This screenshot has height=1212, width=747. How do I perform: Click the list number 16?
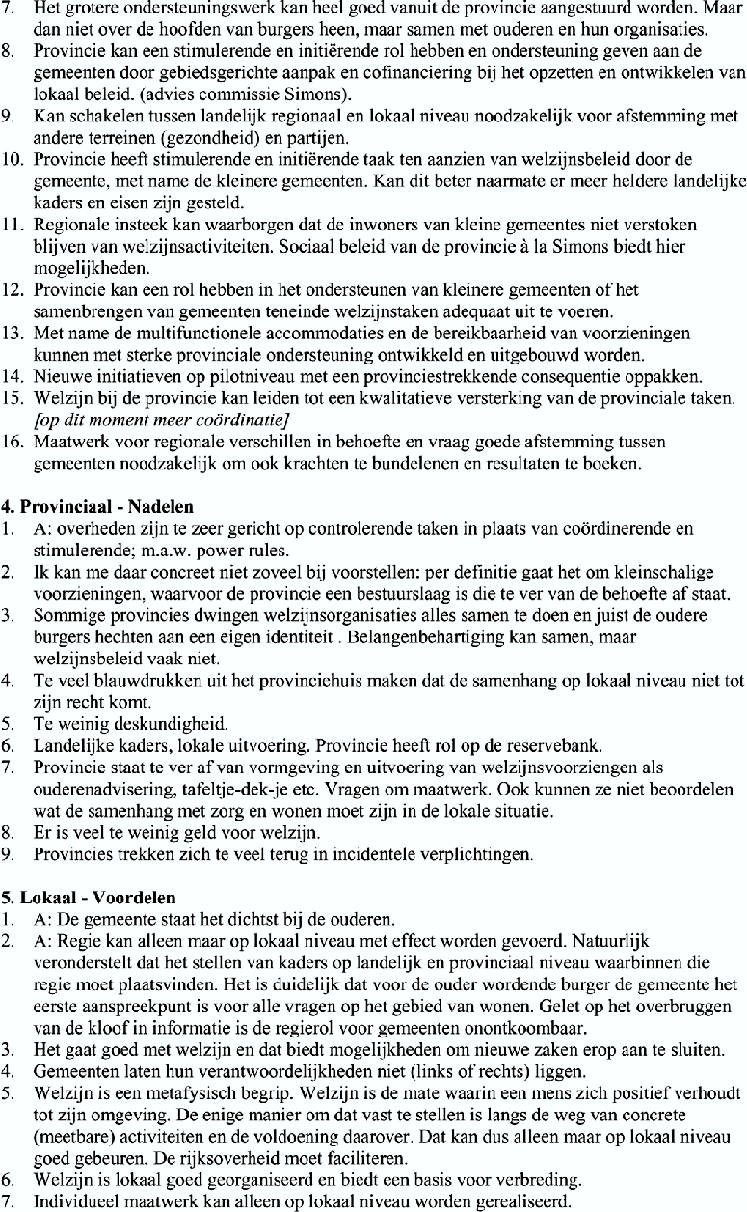pyautogui.click(x=16, y=445)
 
